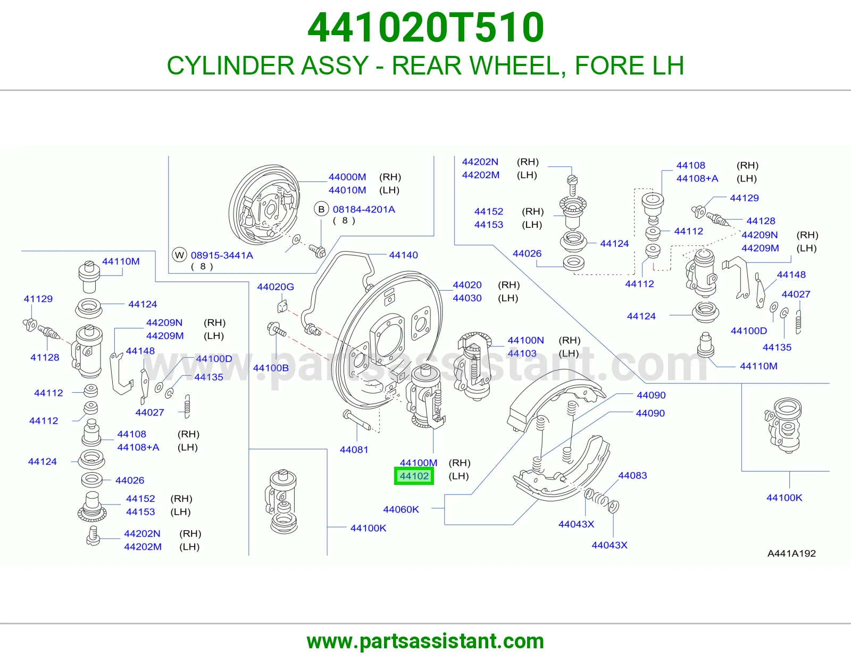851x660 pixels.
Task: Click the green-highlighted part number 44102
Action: coord(414,476)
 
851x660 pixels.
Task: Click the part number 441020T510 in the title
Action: coord(425,28)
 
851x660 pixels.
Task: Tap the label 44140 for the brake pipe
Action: coord(403,255)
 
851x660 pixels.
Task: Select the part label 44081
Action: coord(354,450)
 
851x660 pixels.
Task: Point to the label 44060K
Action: coord(401,509)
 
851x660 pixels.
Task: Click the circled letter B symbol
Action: coord(321,209)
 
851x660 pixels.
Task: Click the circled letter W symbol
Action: coord(179,255)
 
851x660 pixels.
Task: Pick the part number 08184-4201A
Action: coord(364,210)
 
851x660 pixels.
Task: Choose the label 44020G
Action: coord(276,287)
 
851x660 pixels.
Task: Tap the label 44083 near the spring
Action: coord(632,475)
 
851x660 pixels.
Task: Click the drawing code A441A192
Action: coord(791,554)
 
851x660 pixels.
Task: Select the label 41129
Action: coord(38,299)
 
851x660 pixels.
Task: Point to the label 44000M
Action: coord(347,177)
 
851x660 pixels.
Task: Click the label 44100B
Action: coord(271,368)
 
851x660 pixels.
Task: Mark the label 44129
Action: coord(744,198)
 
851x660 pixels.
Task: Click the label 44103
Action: coord(522,353)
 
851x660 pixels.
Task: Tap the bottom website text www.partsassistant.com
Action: coord(425,641)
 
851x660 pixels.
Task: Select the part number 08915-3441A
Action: coord(222,255)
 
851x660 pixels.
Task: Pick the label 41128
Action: coord(45,358)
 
